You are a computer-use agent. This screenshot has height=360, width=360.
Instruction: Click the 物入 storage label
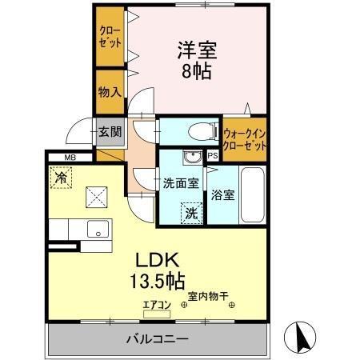[109, 91]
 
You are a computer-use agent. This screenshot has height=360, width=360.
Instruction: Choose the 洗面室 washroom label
[181, 183]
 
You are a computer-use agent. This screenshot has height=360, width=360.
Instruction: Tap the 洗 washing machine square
[192, 213]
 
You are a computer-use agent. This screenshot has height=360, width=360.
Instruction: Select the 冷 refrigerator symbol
[61, 176]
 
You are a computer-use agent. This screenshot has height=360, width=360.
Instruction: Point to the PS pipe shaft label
[213, 156]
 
